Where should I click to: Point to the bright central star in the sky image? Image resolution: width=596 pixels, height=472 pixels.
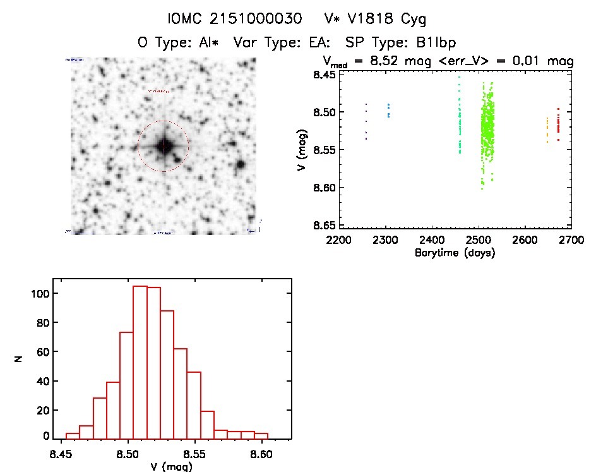(x=164, y=146)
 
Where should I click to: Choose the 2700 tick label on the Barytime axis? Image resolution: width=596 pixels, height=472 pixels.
(x=571, y=240)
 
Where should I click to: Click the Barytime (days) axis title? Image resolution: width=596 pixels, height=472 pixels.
(x=455, y=253)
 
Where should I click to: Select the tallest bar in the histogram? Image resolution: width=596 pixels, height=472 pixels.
(x=140, y=361)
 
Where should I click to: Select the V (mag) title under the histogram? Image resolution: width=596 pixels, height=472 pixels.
(x=169, y=466)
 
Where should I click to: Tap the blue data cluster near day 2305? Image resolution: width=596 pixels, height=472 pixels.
(x=388, y=111)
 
